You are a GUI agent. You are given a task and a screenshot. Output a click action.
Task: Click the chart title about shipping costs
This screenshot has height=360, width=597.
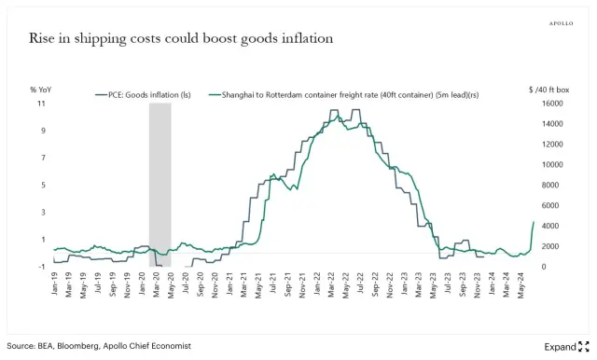[180, 38]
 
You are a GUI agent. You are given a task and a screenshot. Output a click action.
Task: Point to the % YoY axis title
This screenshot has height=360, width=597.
[40, 90]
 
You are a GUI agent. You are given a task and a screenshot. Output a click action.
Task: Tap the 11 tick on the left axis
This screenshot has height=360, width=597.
[41, 104]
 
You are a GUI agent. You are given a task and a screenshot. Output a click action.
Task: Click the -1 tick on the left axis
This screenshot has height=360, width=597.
[41, 267]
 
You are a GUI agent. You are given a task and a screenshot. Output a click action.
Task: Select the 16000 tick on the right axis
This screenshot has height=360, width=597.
[551, 104]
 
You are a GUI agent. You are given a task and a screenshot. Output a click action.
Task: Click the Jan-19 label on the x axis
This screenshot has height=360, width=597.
[54, 285]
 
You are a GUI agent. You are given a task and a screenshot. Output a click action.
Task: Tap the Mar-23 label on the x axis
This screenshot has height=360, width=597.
[419, 285]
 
